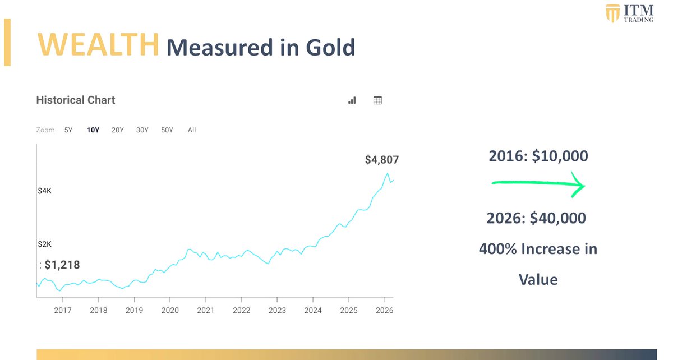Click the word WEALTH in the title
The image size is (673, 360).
(98, 45)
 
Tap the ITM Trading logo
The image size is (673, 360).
(629, 13)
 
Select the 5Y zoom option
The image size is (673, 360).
(68, 130)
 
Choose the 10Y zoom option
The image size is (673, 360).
(93, 130)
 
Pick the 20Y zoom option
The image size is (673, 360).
(117, 130)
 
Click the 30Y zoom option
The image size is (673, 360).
(142, 130)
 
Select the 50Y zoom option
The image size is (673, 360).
(167, 130)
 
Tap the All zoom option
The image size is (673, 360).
(192, 130)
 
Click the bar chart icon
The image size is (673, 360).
(352, 100)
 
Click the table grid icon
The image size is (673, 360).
(377, 100)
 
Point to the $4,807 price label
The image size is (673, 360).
(381, 160)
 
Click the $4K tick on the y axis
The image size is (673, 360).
(45, 191)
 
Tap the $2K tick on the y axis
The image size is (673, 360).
(45, 244)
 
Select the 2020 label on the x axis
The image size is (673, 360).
(170, 310)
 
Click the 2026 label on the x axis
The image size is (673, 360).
(384, 310)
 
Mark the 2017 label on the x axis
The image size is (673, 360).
(63, 310)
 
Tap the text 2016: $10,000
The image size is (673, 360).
(538, 156)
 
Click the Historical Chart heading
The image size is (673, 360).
(76, 100)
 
